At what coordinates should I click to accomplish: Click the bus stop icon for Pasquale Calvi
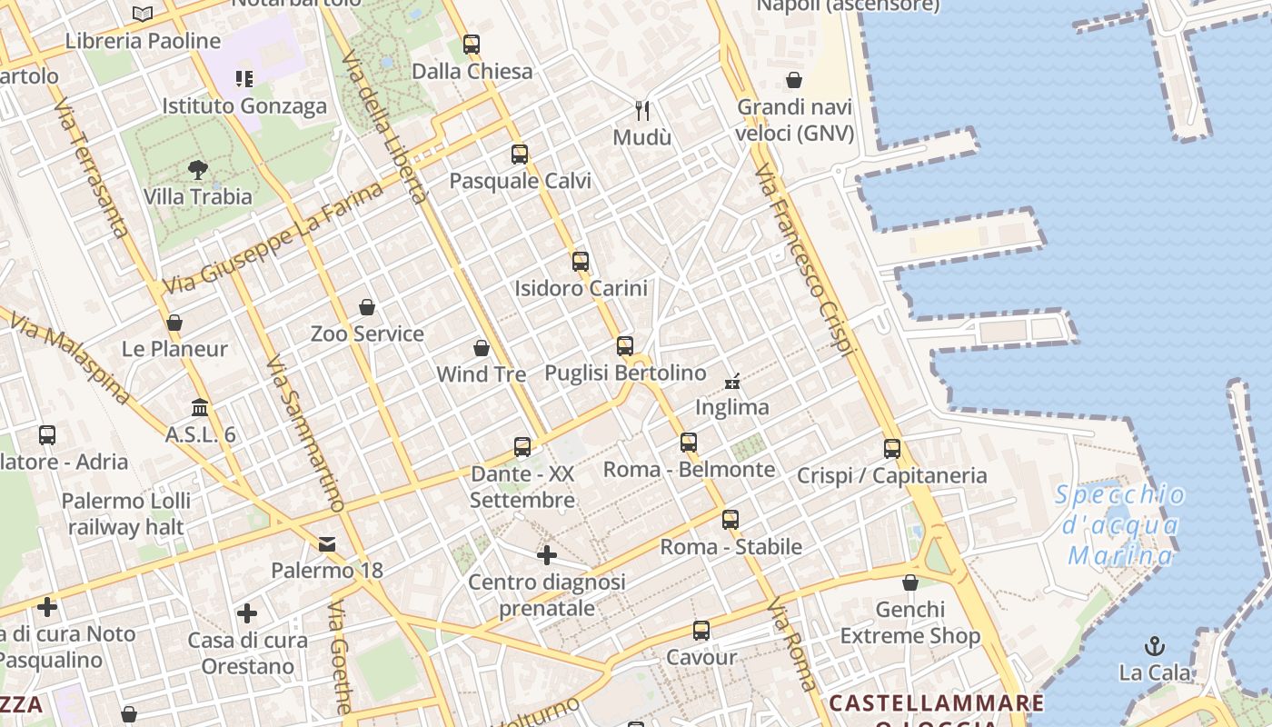pyautogui.click(x=520, y=154)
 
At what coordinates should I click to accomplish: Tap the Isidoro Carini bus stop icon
pyautogui.click(x=581, y=262)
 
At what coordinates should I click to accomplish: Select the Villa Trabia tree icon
pyautogui.click(x=197, y=169)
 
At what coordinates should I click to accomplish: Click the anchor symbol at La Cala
pyautogui.click(x=1155, y=646)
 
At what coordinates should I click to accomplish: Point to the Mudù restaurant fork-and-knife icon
pyautogui.click(x=643, y=111)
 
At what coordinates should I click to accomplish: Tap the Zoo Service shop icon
pyautogui.click(x=367, y=307)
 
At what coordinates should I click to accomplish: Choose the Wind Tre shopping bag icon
pyautogui.click(x=482, y=348)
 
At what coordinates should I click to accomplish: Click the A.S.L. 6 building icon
pyautogui.click(x=200, y=408)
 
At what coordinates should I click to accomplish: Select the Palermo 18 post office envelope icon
pyautogui.click(x=327, y=544)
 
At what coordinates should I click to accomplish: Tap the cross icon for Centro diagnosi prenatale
pyautogui.click(x=547, y=554)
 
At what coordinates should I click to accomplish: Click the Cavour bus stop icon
pyautogui.click(x=701, y=631)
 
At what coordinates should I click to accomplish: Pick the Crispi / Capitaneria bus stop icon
pyautogui.click(x=892, y=449)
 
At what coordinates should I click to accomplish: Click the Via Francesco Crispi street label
pyautogui.click(x=806, y=259)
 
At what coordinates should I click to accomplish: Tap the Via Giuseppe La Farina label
pyautogui.click(x=273, y=240)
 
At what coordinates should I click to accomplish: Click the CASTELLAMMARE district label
pyautogui.click(x=937, y=702)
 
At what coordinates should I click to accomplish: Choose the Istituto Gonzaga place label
pyautogui.click(x=244, y=106)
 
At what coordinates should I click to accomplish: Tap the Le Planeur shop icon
pyautogui.click(x=174, y=323)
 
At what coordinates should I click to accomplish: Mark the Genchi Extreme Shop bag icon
pyautogui.click(x=910, y=583)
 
